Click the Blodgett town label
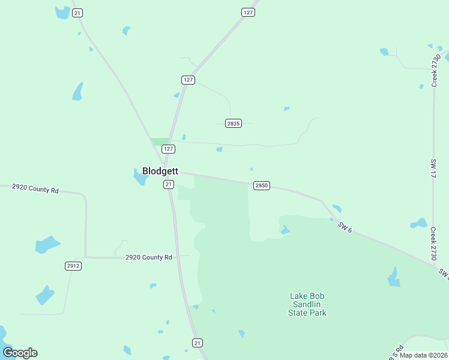160,171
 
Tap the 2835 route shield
234,124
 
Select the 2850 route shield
261,186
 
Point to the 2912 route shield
73,265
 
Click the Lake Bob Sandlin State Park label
308,304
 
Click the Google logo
20,353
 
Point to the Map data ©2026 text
424,355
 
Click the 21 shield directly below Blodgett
169,185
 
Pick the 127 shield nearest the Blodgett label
169,149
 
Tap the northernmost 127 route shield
249,12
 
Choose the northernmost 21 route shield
77,13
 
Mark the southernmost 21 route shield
197,343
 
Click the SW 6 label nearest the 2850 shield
344,227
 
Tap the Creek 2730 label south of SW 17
433,243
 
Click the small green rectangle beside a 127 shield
160,142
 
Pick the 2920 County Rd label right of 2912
149,257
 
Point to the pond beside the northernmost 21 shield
62,12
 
